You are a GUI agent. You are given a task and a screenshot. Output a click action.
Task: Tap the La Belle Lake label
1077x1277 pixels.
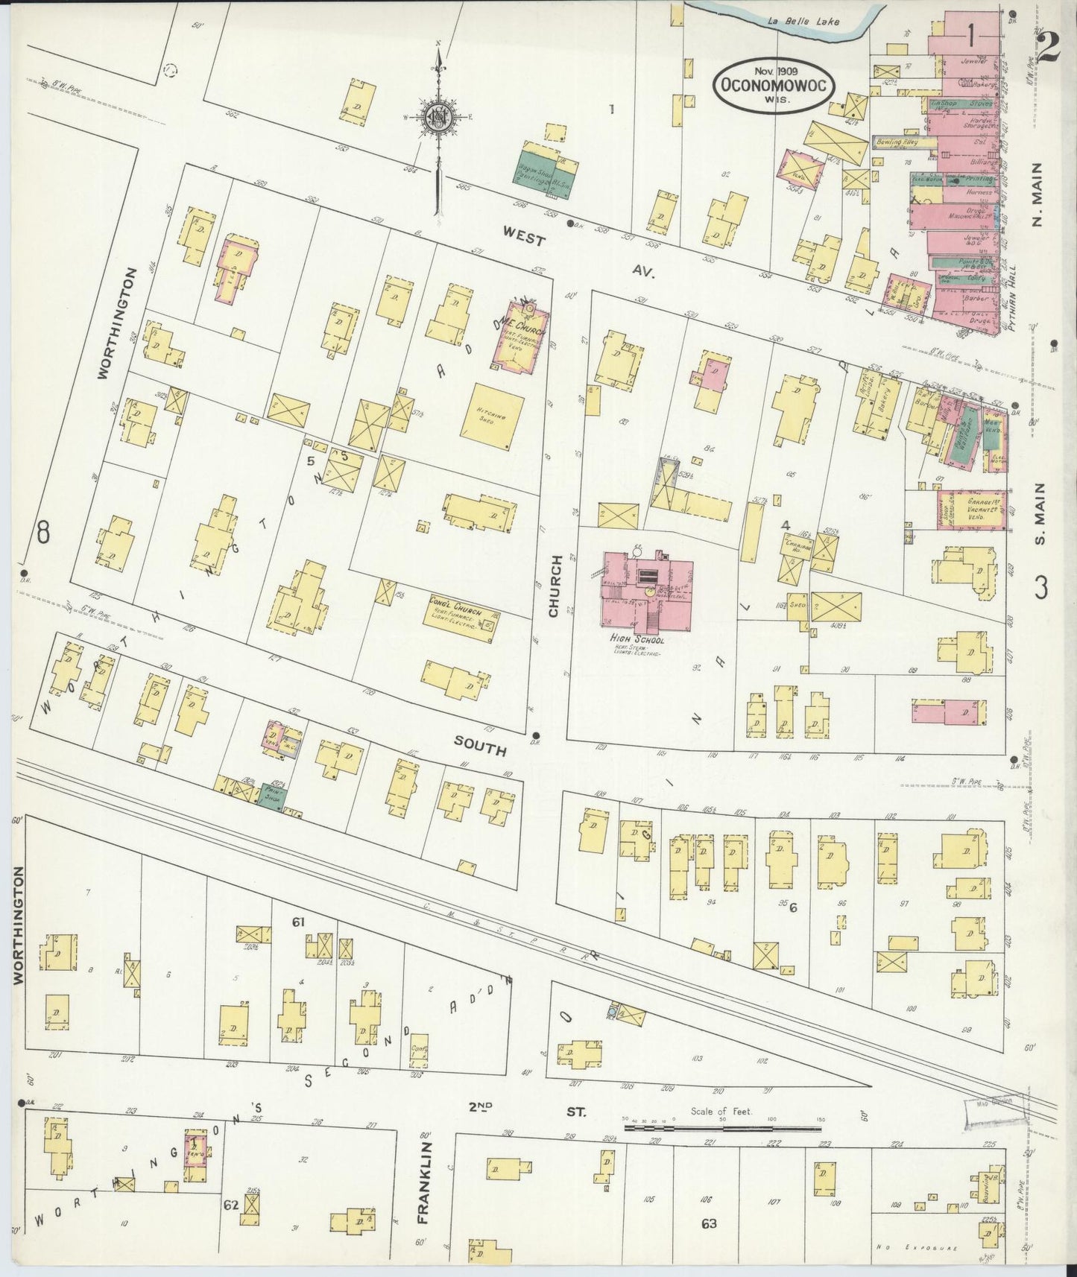804,22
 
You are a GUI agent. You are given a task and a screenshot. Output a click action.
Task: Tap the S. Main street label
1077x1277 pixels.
1040,513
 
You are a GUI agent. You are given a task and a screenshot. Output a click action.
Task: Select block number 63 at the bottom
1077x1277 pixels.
708,1223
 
